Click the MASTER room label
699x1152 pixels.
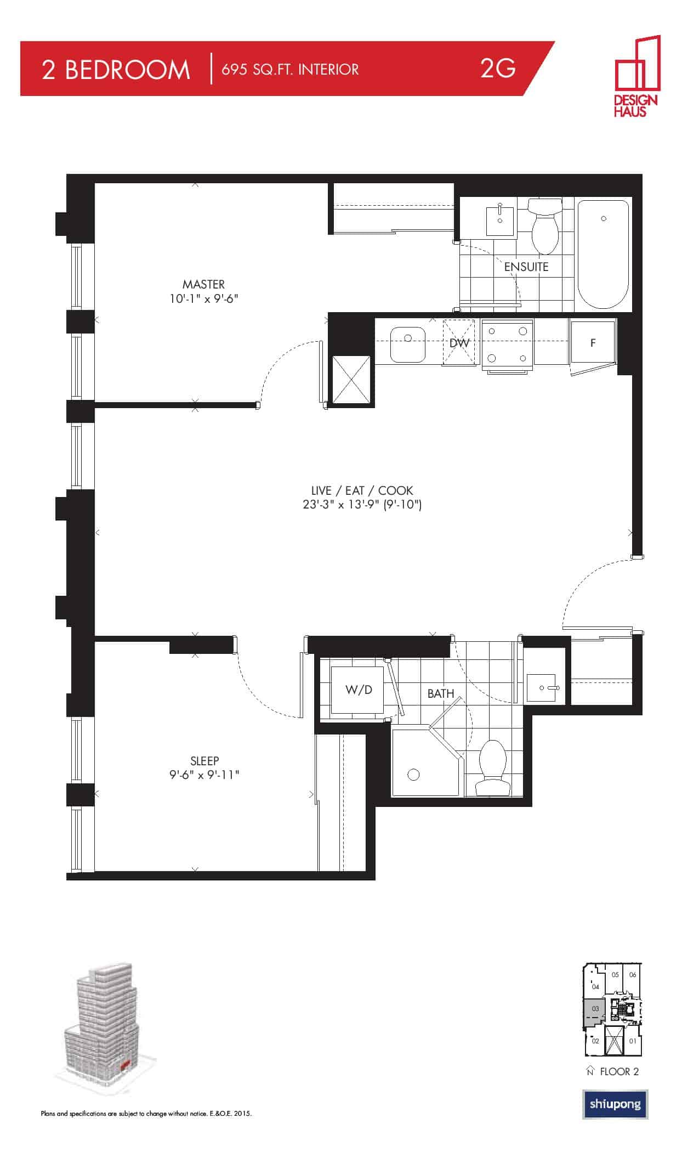(x=203, y=284)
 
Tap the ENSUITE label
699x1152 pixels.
(x=526, y=267)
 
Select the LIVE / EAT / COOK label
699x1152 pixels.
(x=362, y=490)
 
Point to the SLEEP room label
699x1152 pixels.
(x=204, y=761)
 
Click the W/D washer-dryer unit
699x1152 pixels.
(x=358, y=690)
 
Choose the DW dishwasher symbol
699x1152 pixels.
(x=459, y=342)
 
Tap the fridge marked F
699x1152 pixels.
(x=593, y=342)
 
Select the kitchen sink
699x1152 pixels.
(x=408, y=345)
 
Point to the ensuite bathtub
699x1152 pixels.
(x=603, y=255)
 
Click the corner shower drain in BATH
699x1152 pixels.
(x=413, y=775)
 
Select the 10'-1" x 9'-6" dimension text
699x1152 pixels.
(x=204, y=299)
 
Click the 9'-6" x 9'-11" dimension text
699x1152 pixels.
(x=204, y=775)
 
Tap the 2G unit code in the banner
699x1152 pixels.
(x=497, y=68)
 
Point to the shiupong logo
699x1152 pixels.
(x=615, y=1104)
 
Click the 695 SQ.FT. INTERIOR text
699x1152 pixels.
(x=290, y=70)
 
